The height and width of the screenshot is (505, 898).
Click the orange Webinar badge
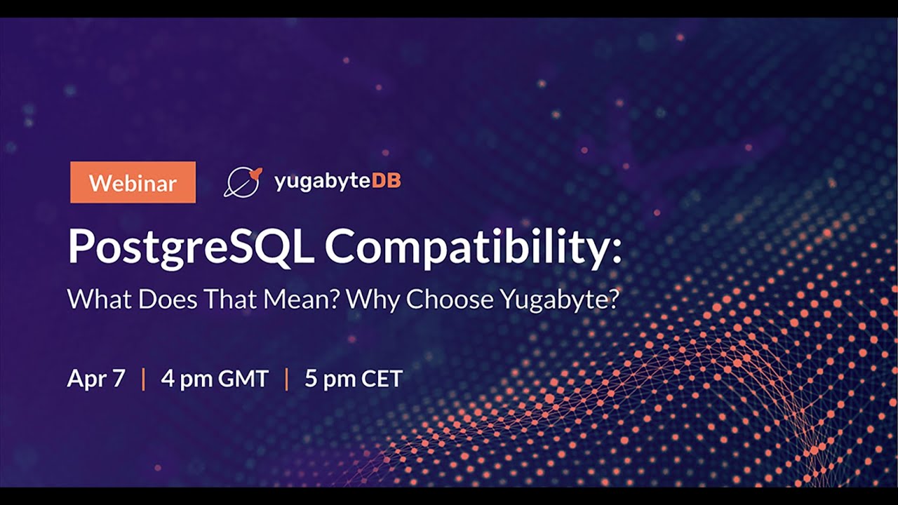click(133, 182)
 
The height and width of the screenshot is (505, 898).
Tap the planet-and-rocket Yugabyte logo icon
click(242, 182)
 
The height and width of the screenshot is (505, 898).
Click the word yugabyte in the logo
click(322, 182)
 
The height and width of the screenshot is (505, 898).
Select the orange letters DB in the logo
click(386, 181)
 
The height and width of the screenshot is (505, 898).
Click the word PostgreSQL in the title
click(190, 247)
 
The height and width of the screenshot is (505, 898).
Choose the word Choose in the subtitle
click(449, 299)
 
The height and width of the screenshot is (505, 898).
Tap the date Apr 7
click(96, 379)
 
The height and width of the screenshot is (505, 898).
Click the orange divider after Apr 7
click(143, 379)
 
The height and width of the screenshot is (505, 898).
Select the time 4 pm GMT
click(215, 379)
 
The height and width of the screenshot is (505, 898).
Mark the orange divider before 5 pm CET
click(286, 379)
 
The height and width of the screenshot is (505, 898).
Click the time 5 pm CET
click(354, 379)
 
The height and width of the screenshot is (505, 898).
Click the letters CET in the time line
click(382, 379)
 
